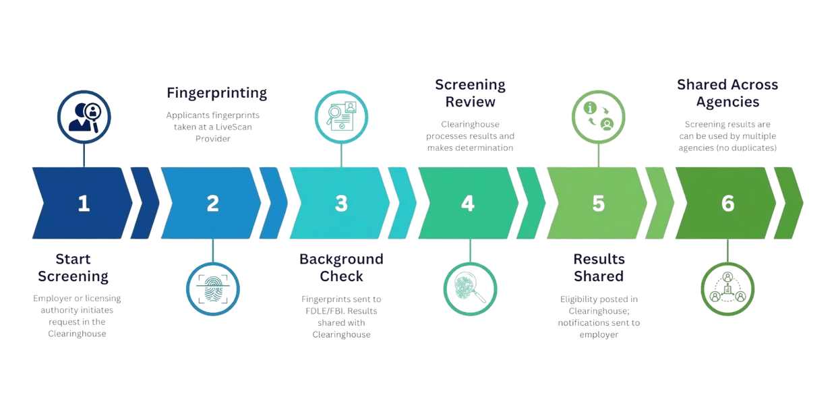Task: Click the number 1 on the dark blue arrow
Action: coord(84,204)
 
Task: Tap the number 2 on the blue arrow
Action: coord(212,204)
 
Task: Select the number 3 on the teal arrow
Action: coord(341,204)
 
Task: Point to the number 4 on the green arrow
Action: coord(468,204)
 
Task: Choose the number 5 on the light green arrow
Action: coord(598,204)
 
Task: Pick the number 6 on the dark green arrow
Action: coord(727,204)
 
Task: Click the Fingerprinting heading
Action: coord(217,93)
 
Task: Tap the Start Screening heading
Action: coord(73,268)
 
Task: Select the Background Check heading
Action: coord(342,268)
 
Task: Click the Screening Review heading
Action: coord(470,94)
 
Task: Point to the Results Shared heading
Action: coord(599,268)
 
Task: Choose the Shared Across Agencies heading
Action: coord(727,94)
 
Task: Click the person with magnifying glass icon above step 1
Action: coord(84,117)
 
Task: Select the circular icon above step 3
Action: coord(341,117)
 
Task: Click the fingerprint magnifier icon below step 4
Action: coord(469,289)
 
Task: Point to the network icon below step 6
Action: coord(727,289)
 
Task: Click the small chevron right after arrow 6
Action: coord(788,204)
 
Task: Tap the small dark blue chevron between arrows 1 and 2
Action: coord(144,204)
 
